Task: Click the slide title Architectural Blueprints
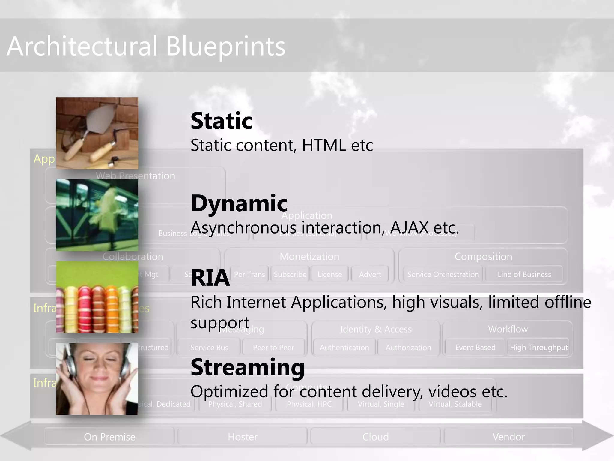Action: tap(146, 47)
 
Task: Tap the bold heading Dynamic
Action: tap(239, 203)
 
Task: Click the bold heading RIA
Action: tap(210, 278)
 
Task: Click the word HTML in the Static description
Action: tap(324, 146)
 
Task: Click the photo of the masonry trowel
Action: tap(97, 133)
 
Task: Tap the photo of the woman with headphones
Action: tap(97, 379)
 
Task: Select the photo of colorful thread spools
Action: tap(97, 297)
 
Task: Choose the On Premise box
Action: tap(109, 437)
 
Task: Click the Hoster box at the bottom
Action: tap(243, 437)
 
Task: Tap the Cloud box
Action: tap(375, 437)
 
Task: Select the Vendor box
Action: tap(508, 437)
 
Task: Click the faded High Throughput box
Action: tap(538, 348)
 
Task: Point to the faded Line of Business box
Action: tap(524, 274)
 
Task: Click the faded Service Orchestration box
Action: tap(443, 274)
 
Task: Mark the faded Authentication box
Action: tap(344, 348)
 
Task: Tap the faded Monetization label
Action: tap(309, 257)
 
